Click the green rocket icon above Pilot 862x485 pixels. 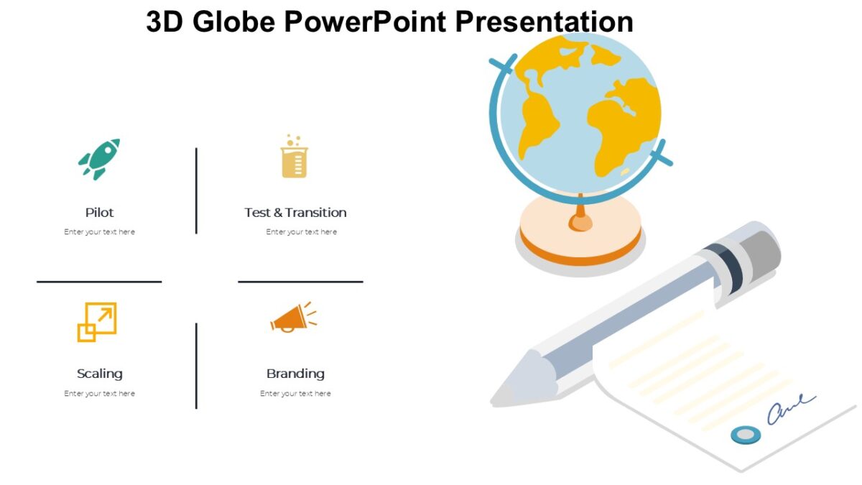99,158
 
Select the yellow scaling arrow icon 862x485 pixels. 97,322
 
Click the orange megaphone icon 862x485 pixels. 292,318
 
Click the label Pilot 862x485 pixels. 99,213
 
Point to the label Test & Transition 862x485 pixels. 295,213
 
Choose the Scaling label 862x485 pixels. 99,374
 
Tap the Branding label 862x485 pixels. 295,374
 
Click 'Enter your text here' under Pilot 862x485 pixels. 99,232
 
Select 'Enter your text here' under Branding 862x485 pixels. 295,394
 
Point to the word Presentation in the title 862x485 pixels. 544,22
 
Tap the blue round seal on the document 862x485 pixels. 746,434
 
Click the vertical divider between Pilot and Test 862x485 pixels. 196,190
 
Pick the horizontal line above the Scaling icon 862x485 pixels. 99,282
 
